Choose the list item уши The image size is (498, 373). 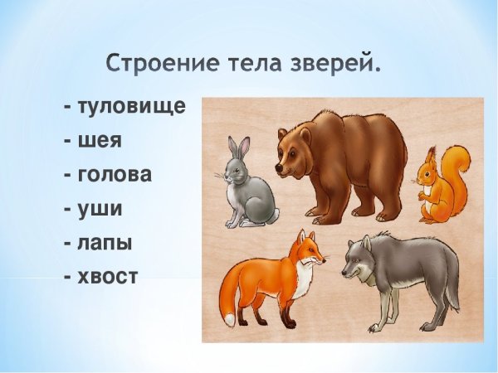99,208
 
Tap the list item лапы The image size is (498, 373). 104,242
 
